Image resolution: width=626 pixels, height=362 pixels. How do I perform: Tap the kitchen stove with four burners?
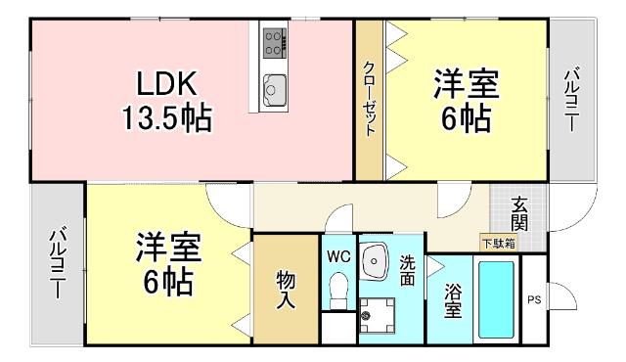[x=273, y=42]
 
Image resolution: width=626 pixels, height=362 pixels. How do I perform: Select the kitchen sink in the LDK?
[x=273, y=88]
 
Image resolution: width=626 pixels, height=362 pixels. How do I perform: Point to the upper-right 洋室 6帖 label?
[x=466, y=101]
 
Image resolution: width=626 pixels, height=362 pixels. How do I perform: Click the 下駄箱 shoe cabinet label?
[x=498, y=243]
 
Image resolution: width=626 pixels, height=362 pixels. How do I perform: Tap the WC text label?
[x=338, y=256]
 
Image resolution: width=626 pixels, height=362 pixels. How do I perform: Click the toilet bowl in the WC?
[x=338, y=289]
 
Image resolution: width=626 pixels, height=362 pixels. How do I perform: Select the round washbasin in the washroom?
[x=377, y=259]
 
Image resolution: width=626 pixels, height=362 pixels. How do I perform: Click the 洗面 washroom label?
[x=408, y=270]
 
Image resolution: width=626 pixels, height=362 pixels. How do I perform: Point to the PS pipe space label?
[x=534, y=299]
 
